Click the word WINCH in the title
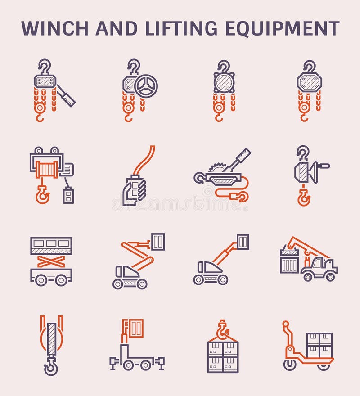tap(53, 28)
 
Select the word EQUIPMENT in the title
tap(282, 28)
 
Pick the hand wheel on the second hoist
tap(146, 85)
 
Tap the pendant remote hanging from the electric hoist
tap(68, 196)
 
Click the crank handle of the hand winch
tap(323, 166)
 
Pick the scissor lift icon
tap(51, 261)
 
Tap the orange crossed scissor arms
tap(51, 261)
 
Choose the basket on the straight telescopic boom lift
tap(243, 241)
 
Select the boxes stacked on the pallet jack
tap(319, 345)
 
